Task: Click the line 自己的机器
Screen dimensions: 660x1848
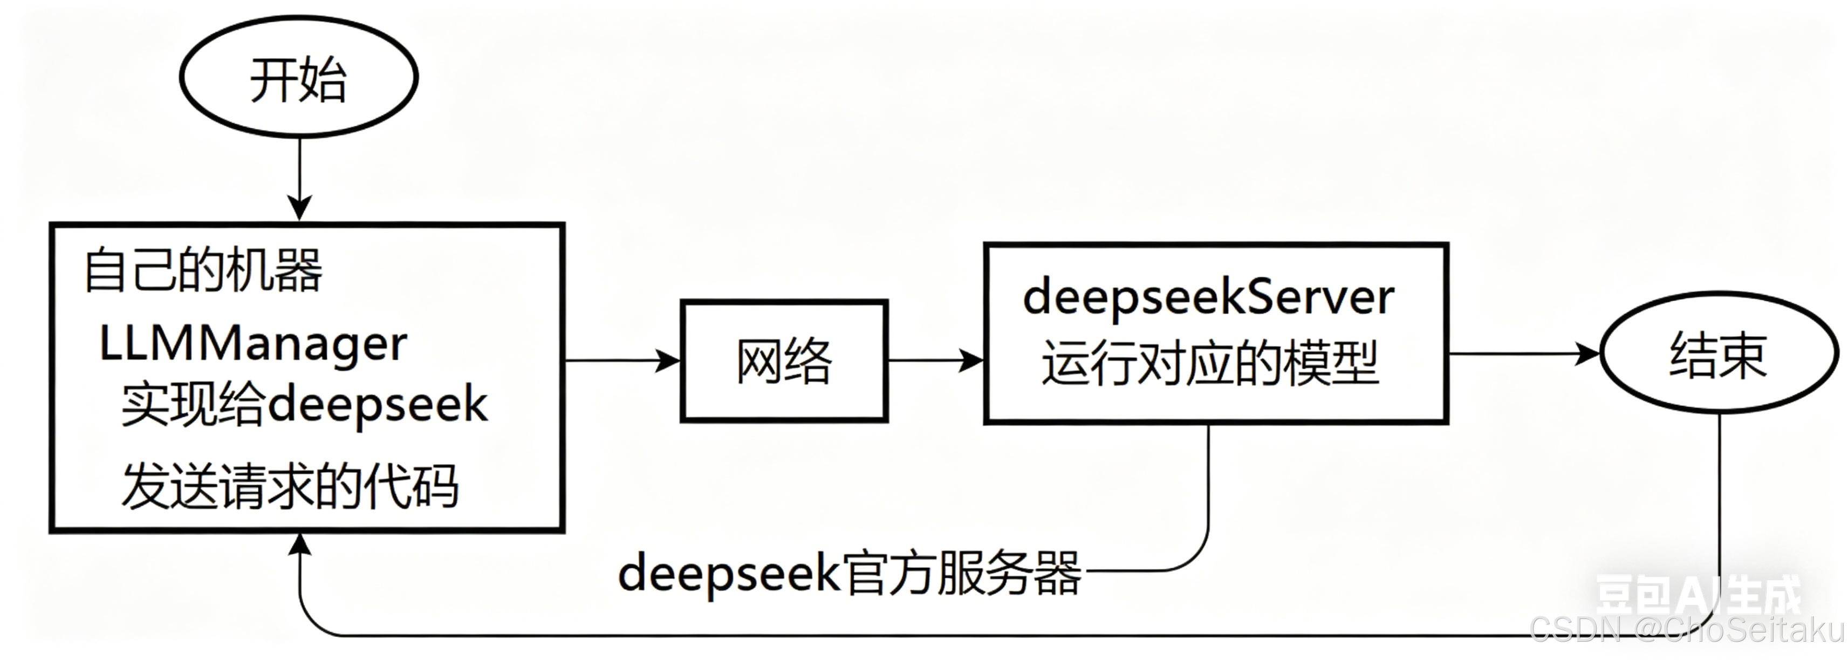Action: click(203, 270)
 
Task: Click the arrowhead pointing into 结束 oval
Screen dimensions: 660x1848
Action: click(1587, 353)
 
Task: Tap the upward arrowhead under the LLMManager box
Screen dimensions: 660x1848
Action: click(299, 545)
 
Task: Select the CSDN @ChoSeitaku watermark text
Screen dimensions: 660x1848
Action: click(1686, 630)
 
